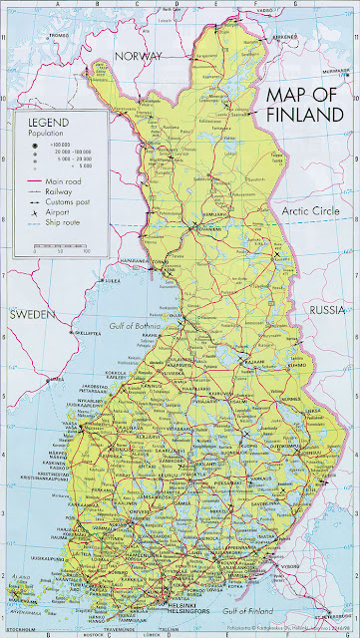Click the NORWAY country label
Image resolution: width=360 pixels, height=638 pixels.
(138, 57)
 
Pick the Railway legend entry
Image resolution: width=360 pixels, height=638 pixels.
(60, 192)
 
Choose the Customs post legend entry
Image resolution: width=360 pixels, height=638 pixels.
(67, 202)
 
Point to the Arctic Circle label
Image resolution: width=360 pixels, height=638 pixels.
(312, 211)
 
